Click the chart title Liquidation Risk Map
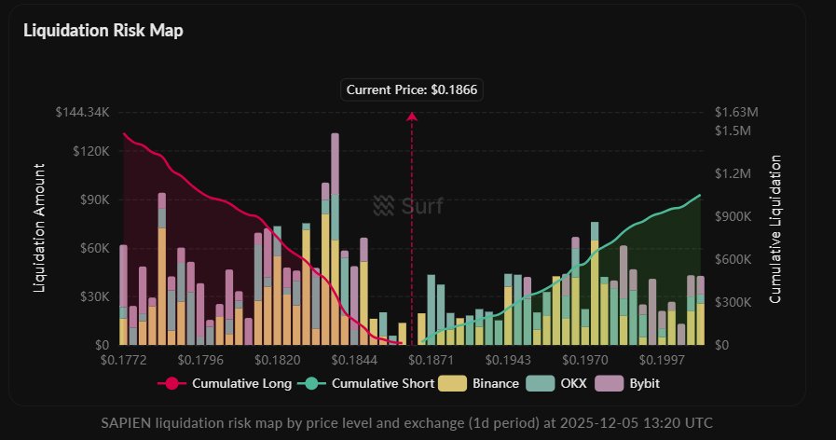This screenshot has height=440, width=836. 103,31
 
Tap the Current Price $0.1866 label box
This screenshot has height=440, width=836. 413,89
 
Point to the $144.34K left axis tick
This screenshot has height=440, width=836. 83,112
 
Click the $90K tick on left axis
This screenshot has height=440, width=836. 94,199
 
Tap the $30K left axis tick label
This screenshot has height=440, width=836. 94,296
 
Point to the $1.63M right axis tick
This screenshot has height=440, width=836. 736,112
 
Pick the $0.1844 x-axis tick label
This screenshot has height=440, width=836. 353,359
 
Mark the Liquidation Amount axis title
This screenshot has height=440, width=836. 40,229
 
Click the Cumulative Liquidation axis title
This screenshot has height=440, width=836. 774,229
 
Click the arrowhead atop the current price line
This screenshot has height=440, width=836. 411,116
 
